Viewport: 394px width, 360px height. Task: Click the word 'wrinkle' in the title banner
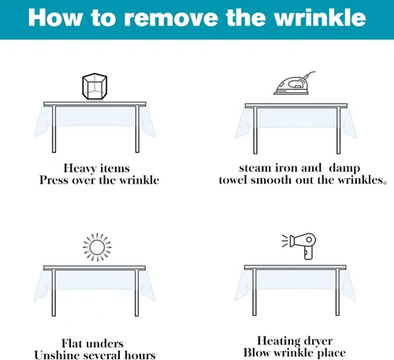click(x=320, y=17)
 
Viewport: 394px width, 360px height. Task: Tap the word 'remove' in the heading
click(x=171, y=19)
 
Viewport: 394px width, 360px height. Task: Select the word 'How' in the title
click(x=54, y=17)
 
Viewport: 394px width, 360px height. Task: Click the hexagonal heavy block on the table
click(x=95, y=87)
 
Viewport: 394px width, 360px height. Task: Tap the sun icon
click(x=97, y=247)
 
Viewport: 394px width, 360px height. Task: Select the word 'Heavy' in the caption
click(x=80, y=169)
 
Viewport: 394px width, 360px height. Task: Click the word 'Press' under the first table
click(x=54, y=180)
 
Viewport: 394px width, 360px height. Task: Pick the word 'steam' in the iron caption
click(x=255, y=168)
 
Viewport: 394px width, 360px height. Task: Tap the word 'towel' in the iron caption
click(x=233, y=180)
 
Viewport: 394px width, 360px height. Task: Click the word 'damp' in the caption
click(x=344, y=169)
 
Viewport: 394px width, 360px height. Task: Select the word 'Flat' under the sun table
click(x=72, y=343)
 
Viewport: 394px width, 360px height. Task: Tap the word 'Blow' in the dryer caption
click(x=257, y=353)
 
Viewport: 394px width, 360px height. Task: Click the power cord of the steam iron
click(x=309, y=73)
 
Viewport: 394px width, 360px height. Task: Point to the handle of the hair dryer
click(x=308, y=254)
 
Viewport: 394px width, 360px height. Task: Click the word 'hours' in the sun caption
click(x=140, y=355)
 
